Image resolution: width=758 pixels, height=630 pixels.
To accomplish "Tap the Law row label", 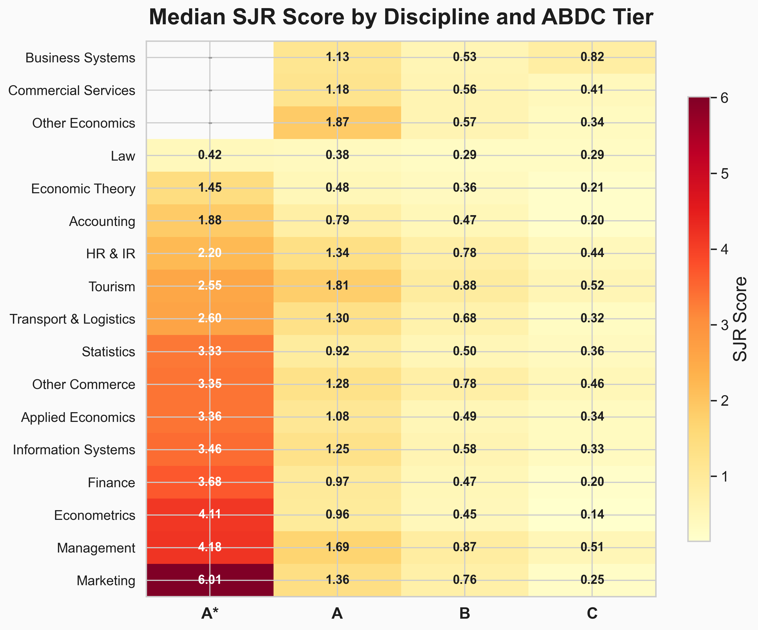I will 123,156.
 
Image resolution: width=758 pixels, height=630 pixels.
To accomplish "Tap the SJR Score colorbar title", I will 740,319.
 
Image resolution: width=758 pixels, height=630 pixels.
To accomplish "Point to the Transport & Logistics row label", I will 72,319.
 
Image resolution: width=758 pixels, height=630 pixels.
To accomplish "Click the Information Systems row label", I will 74,450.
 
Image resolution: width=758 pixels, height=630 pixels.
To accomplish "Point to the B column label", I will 465,613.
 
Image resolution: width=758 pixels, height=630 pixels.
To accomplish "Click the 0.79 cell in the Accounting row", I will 337,220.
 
